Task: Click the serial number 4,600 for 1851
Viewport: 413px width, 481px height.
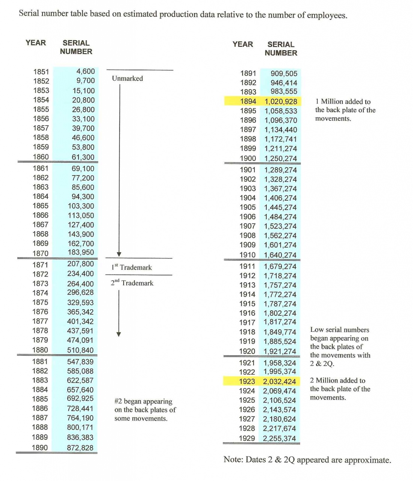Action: pyautogui.click(x=85, y=71)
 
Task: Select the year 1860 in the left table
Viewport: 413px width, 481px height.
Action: pyautogui.click(x=41, y=157)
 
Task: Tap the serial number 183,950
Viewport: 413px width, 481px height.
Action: pyautogui.click(x=81, y=253)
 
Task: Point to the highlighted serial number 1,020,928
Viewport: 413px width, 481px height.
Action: pyautogui.click(x=281, y=101)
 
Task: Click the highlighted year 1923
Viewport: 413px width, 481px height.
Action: pyautogui.click(x=247, y=381)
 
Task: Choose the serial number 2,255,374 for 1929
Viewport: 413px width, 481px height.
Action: pyautogui.click(x=279, y=438)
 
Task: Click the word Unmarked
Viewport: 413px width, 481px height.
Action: pyautogui.click(x=127, y=79)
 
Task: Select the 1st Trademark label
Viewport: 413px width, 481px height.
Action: pyautogui.click(x=132, y=267)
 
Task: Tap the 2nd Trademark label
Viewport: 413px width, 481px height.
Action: pyautogui.click(x=132, y=283)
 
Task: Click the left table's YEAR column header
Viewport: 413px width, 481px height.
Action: pyautogui.click(x=36, y=43)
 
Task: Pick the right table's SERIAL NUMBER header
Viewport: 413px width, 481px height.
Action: pyautogui.click(x=281, y=49)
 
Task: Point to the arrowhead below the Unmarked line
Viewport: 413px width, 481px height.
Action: pyautogui.click(x=119, y=254)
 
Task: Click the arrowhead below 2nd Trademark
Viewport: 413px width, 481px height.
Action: pyautogui.click(x=119, y=334)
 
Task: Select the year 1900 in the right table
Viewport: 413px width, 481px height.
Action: pyautogui.click(x=248, y=159)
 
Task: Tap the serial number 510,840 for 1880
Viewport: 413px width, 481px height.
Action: pyautogui.click(x=80, y=350)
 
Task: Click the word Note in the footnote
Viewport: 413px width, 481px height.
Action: pyautogui.click(x=233, y=460)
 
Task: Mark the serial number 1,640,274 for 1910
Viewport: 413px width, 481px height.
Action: pyautogui.click(x=280, y=255)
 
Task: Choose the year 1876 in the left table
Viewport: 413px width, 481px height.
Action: pyautogui.click(x=40, y=312)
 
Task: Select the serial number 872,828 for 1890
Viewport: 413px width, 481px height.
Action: pyautogui.click(x=80, y=448)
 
